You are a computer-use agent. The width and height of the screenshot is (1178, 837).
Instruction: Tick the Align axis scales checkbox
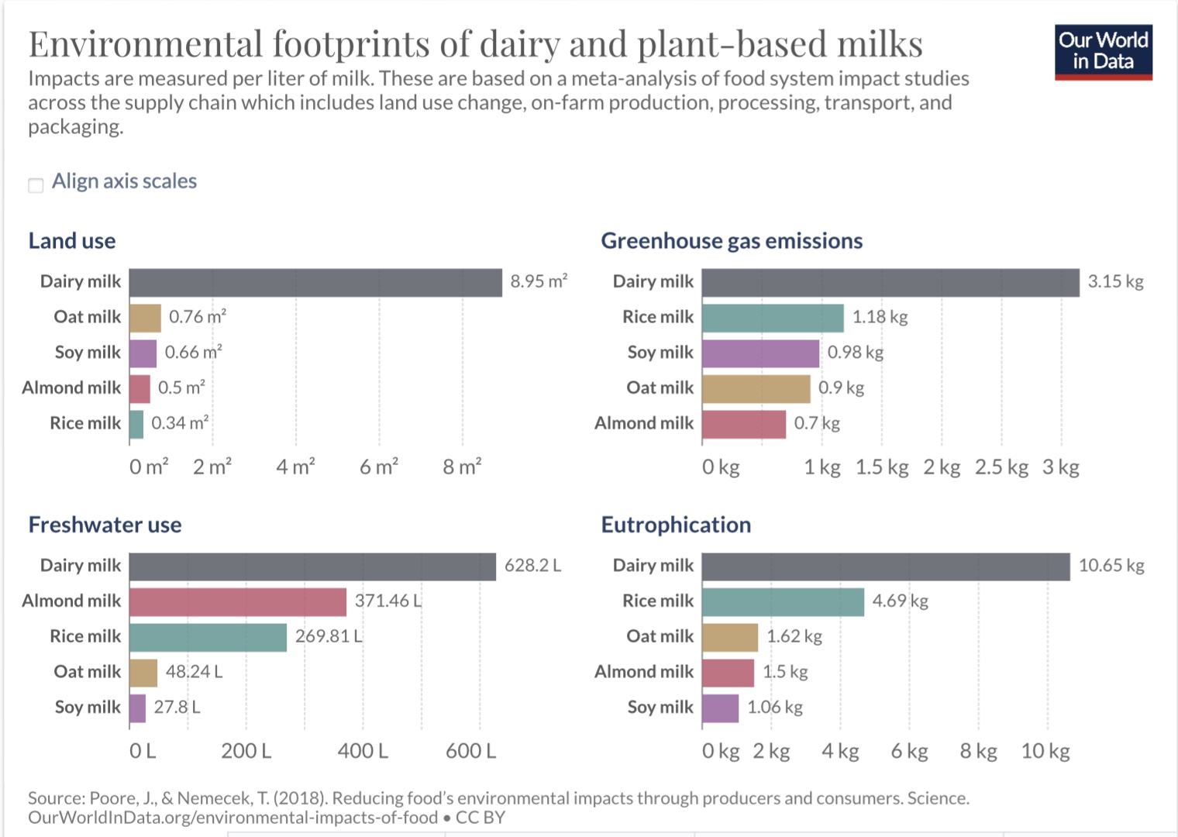click(36, 184)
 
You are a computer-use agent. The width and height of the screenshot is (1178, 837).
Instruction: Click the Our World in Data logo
click(1103, 52)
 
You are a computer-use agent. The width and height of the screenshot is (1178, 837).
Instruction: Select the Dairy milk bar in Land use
click(315, 282)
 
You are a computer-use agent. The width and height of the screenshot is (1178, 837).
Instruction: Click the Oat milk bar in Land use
click(145, 318)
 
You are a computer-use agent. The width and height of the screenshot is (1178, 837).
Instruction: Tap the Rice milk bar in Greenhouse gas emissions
click(773, 318)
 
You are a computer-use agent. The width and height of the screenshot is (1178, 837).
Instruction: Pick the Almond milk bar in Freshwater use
click(238, 601)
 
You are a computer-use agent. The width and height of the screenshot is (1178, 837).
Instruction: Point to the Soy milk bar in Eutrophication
click(720, 708)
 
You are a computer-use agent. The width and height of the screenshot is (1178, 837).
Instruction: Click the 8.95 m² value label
click(539, 281)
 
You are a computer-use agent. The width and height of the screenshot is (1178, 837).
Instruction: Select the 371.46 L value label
click(388, 601)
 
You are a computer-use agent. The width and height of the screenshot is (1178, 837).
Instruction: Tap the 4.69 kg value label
click(900, 601)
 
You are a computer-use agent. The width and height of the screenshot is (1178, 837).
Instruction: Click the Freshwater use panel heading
click(105, 525)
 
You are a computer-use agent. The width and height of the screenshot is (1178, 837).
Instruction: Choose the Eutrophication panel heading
click(676, 525)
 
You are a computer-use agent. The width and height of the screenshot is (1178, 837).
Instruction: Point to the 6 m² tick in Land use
click(379, 467)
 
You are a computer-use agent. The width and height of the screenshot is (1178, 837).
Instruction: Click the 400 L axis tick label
click(363, 750)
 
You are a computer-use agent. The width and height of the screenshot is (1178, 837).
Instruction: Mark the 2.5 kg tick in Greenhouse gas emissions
click(1001, 467)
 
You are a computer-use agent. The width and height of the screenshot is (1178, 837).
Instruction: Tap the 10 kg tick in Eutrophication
click(1045, 750)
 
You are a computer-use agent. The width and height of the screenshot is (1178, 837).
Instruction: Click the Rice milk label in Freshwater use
click(85, 636)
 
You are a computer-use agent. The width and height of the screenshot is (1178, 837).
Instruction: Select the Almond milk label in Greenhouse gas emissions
click(644, 423)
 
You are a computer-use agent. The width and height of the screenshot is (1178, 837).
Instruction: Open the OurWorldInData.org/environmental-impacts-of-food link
click(232, 818)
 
